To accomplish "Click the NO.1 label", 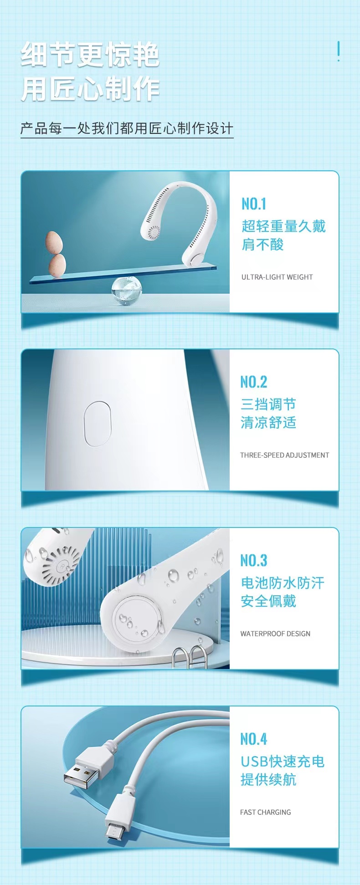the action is (x=254, y=204).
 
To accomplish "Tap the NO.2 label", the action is (x=254, y=382).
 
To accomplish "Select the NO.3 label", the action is (x=254, y=560).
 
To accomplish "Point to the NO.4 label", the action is (x=254, y=739).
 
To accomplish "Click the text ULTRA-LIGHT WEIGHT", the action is (x=277, y=277).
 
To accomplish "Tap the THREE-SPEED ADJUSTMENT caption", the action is (x=285, y=455).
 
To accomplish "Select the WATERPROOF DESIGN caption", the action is (x=275, y=634).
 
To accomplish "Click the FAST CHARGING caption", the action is (x=266, y=812).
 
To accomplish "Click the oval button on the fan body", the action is (x=98, y=424).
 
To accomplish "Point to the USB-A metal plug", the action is (x=82, y=780).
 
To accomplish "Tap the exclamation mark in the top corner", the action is (x=338, y=51).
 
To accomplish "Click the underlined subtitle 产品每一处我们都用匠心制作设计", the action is (x=127, y=128).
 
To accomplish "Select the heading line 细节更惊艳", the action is (x=90, y=55).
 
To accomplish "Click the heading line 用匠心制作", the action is (x=90, y=89).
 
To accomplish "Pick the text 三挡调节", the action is (x=268, y=404).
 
